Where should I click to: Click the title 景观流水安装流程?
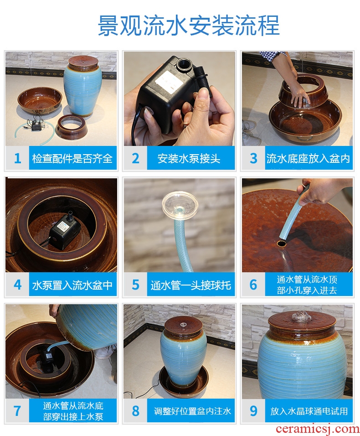(x=188, y=26)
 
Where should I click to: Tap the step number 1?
(x=17, y=159)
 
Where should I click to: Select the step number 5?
(x=135, y=285)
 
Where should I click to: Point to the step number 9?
(x=253, y=411)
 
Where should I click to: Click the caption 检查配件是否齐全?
(x=72, y=159)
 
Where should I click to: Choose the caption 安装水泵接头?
(x=189, y=159)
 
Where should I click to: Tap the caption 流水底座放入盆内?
(x=308, y=159)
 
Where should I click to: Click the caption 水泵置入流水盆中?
(x=72, y=285)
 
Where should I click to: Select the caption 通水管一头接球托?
(x=191, y=285)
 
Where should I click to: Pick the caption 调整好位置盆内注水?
(x=192, y=411)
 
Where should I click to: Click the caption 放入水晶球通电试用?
(x=309, y=411)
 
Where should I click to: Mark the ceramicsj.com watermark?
(x=318, y=430)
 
